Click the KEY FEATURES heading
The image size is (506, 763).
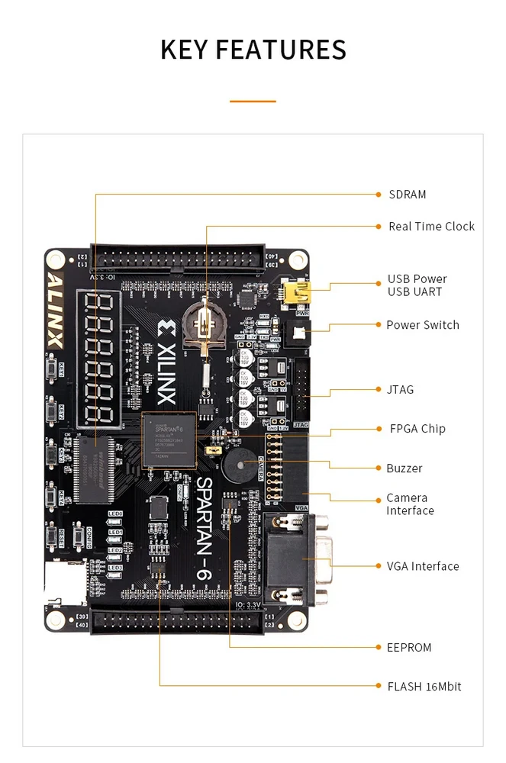tap(253, 50)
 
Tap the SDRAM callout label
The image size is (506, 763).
tap(407, 195)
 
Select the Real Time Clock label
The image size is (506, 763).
tap(431, 227)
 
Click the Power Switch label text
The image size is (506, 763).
tap(422, 325)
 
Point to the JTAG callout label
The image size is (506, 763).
tap(400, 390)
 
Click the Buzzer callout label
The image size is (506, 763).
tap(404, 468)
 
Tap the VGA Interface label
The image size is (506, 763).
tap(422, 566)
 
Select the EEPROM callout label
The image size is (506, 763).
tap(409, 648)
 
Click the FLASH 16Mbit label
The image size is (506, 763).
tap(424, 687)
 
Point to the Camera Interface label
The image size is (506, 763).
tap(410, 504)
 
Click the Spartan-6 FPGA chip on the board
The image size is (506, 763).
tap(169, 439)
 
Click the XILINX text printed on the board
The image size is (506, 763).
tap(166, 362)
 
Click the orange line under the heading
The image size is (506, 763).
tap(253, 101)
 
